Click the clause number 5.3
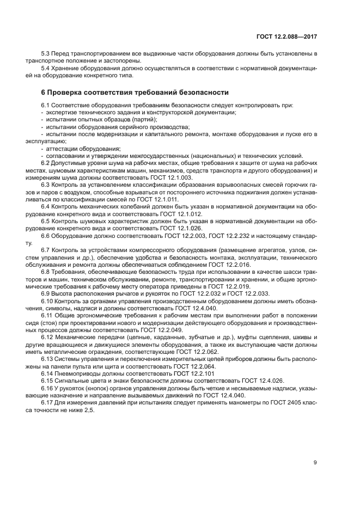coord(47,53)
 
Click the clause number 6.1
coord(47,105)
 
